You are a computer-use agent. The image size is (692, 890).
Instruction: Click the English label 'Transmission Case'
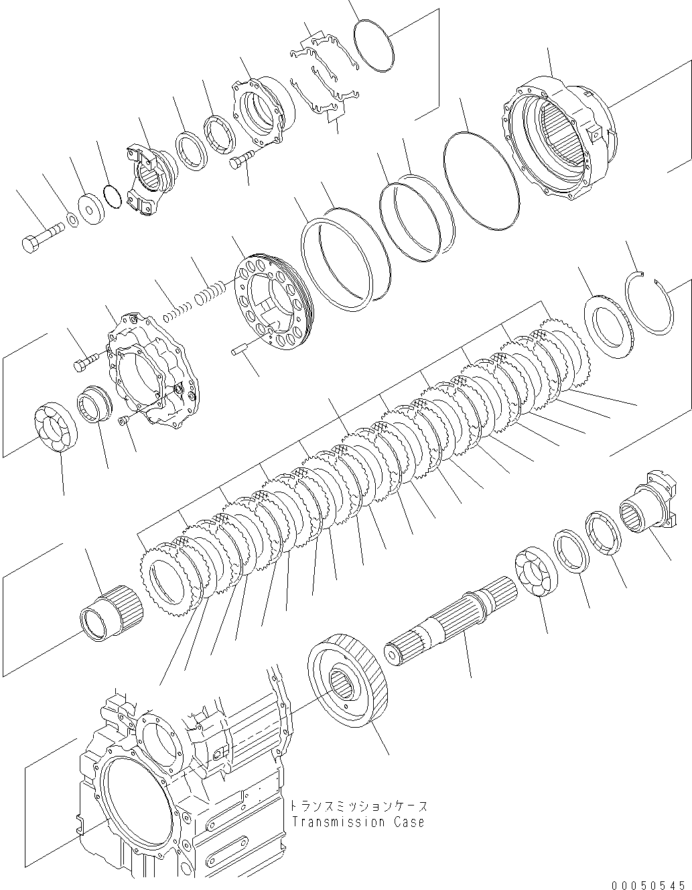357,822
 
